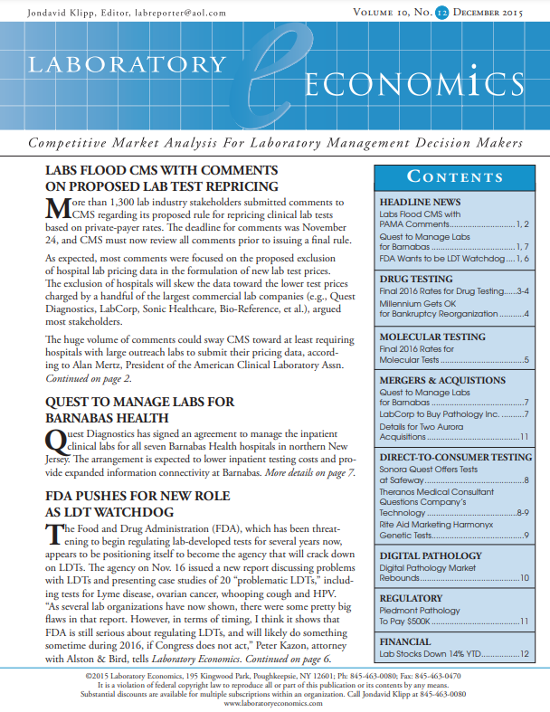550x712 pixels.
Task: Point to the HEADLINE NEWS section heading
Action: click(421, 202)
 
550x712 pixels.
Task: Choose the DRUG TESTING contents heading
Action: click(417, 279)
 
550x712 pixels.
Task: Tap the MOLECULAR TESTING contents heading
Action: click(432, 337)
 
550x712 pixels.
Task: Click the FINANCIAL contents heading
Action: click(412, 641)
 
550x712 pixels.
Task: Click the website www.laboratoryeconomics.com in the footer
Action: click(274, 702)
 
